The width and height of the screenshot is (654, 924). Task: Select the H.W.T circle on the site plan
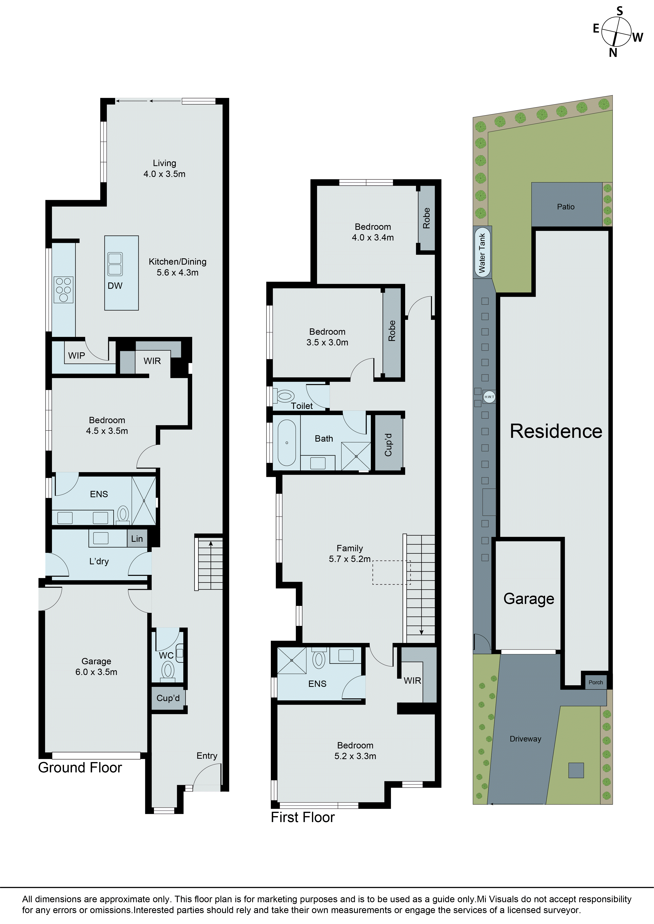tap(489, 397)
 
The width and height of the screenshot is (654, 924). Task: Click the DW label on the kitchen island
tap(115, 286)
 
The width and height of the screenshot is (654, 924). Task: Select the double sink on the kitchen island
tap(115, 264)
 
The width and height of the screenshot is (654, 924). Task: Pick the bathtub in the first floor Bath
tap(287, 443)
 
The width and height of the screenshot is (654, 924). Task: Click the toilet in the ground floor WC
tap(168, 670)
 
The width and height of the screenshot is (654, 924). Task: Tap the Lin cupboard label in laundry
tap(137, 539)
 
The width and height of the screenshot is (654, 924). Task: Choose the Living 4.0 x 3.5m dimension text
tap(164, 174)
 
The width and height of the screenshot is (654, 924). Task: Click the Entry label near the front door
tap(207, 756)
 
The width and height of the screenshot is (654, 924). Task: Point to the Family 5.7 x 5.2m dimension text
tap(349, 559)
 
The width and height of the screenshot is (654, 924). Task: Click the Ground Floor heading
tap(80, 768)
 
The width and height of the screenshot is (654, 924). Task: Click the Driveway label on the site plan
tap(525, 739)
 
